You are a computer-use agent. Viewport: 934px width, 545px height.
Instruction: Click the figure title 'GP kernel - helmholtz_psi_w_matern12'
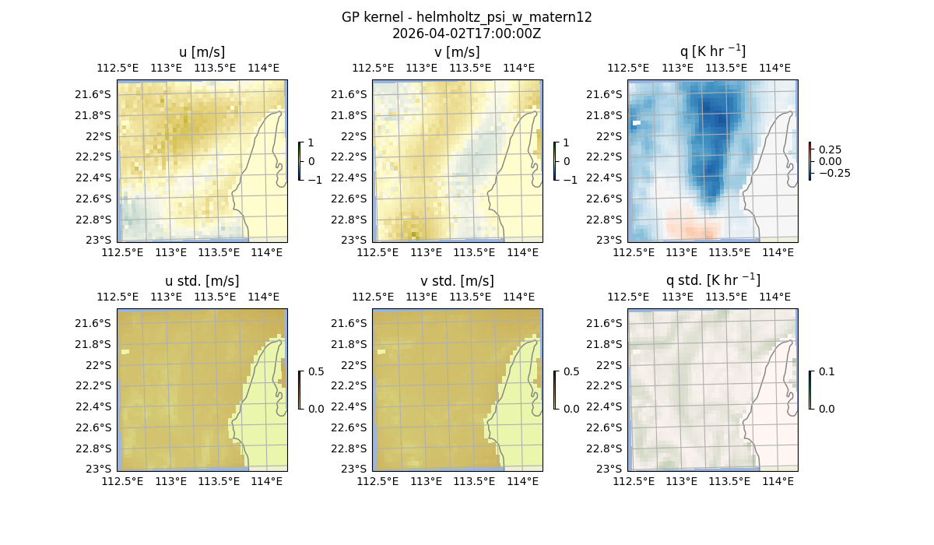(x=466, y=17)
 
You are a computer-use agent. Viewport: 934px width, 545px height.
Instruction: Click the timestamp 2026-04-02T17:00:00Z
(x=466, y=33)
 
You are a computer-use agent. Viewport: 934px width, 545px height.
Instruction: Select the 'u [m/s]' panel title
(x=202, y=52)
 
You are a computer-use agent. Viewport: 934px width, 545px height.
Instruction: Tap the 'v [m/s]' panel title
(x=457, y=52)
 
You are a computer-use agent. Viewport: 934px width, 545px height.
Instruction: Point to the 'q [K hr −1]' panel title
(x=712, y=51)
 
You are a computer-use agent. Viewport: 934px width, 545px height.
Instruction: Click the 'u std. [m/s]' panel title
(x=202, y=281)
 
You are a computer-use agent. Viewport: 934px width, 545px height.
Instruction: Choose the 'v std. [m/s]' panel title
(x=457, y=281)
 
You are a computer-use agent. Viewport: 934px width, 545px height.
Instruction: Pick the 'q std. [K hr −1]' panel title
(x=712, y=280)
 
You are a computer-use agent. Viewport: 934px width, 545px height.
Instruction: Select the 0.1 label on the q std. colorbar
(x=826, y=372)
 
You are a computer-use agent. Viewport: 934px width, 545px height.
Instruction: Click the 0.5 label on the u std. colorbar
(x=315, y=372)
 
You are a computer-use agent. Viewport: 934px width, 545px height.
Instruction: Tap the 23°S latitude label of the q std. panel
(x=610, y=469)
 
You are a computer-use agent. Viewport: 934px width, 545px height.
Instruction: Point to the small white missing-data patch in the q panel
(x=637, y=122)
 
